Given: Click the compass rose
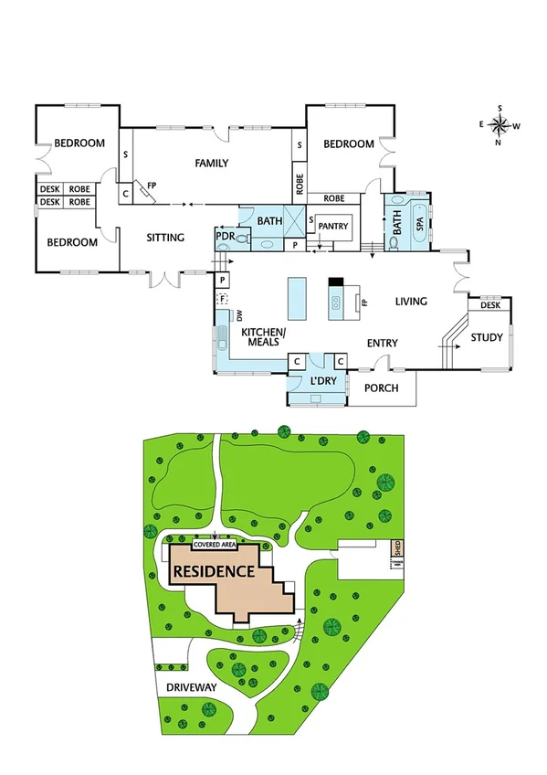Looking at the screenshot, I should [500, 125].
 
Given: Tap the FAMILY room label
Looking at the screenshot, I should [211, 164].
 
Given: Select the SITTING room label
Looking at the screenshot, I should [165, 238].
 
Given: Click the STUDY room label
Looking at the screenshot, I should [487, 338].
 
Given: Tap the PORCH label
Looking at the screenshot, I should [383, 387].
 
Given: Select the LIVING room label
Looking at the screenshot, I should [412, 301].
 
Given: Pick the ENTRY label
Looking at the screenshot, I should [382, 343].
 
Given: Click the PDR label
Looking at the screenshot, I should [225, 237].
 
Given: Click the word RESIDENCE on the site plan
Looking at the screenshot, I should [212, 572].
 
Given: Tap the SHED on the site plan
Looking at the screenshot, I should [397, 549].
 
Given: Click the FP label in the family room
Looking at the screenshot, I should [153, 183].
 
